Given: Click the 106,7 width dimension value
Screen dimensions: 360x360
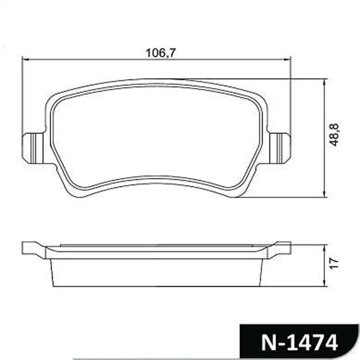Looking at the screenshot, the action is coord(161,53).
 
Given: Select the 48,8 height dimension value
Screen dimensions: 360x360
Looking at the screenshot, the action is coord(334,135).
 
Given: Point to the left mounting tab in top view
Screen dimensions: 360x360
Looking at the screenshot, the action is coord(33,148).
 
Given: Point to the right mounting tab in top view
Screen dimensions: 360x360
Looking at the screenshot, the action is coord(280,148).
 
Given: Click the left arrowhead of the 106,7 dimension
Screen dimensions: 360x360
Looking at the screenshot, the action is coord(26,60).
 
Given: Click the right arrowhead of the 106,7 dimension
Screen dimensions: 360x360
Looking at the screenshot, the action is coord(287,60).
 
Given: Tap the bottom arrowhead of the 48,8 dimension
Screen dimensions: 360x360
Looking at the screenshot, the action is coord(324,194).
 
